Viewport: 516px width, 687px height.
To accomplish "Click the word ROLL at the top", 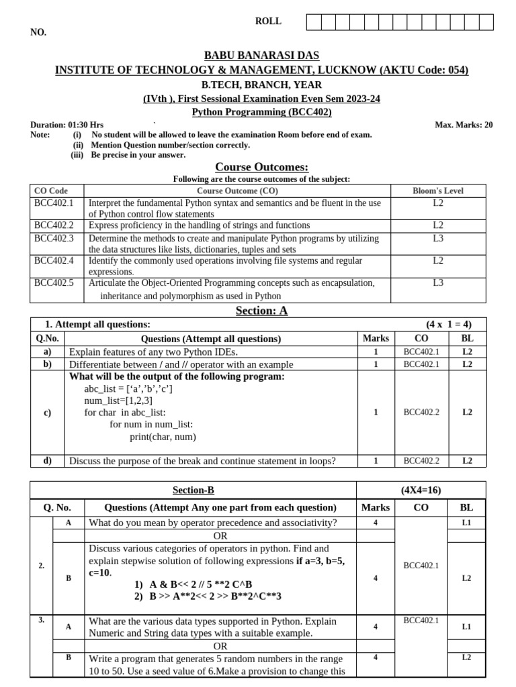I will [x=268, y=21].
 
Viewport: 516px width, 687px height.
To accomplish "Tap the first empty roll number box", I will [x=314, y=23].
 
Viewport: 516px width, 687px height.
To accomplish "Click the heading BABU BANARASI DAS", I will [x=261, y=56].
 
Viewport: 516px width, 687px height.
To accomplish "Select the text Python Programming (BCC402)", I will [x=261, y=112].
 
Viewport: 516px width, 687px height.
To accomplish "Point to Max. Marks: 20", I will [x=464, y=125].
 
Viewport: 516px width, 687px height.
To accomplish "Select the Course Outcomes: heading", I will [x=261, y=166].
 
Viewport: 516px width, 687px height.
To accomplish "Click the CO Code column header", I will [x=50, y=191].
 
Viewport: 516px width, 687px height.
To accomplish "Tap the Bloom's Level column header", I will [x=438, y=191].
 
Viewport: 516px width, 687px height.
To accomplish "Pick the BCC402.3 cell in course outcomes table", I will [x=54, y=238].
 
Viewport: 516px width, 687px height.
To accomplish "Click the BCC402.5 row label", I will [x=54, y=283].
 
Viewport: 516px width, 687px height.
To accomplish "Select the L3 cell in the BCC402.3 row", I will [x=438, y=238].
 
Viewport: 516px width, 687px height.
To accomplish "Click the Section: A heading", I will [x=261, y=311].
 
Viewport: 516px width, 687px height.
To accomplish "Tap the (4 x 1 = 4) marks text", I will [x=449, y=325].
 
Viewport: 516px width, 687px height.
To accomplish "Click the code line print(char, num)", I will [x=163, y=437].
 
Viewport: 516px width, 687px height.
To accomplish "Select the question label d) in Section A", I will [x=47, y=460].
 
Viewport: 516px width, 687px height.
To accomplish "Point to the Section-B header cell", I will [x=193, y=490].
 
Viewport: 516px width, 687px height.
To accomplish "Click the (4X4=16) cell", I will [x=421, y=490].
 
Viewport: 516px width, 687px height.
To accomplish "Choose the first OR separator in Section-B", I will [x=220, y=536].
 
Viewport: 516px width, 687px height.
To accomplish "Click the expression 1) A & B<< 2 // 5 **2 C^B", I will [x=193, y=584].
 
